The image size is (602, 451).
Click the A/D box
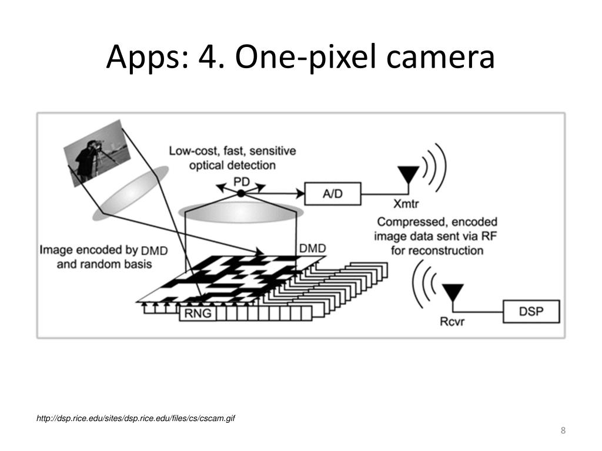pyautogui.click(x=333, y=193)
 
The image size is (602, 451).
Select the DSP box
pyautogui.click(x=531, y=311)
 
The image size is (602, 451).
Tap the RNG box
pyautogui.click(x=197, y=314)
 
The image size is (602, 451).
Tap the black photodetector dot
pyautogui.click(x=240, y=193)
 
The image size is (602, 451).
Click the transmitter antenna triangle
pyautogui.click(x=409, y=176)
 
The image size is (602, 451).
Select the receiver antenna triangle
pyautogui.click(x=453, y=292)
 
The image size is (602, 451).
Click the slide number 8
pyautogui.click(x=563, y=432)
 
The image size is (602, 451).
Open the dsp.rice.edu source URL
pyautogui.click(x=136, y=418)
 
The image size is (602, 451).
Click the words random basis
pyautogui.click(x=104, y=264)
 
